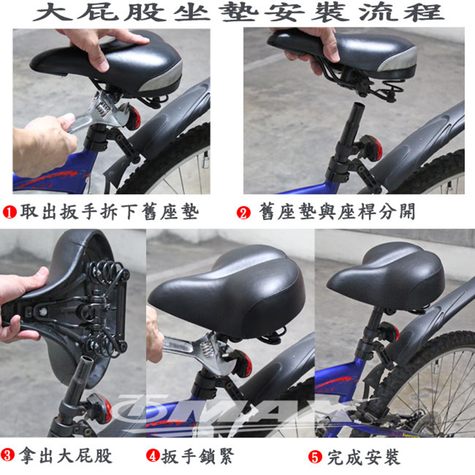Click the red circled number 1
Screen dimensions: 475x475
click(9, 212)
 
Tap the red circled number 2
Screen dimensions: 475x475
click(243, 213)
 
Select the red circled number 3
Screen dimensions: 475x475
click(8, 455)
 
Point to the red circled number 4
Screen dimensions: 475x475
click(153, 455)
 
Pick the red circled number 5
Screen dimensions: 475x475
click(315, 457)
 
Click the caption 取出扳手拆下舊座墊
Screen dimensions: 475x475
click(109, 212)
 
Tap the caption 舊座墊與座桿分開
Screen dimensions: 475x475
click(337, 211)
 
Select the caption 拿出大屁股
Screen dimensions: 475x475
click(65, 455)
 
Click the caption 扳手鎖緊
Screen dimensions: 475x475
click(198, 456)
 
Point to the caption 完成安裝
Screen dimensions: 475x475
click(363, 457)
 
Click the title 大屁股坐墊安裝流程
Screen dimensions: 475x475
click(239, 12)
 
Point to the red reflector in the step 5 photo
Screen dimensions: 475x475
click(390, 331)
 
